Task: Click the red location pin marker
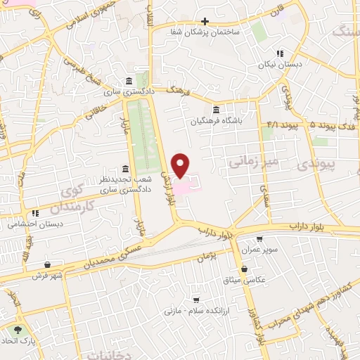point(181,165)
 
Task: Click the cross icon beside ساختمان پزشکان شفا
point(205,21)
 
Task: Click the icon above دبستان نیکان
point(281,53)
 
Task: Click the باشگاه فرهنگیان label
point(214,120)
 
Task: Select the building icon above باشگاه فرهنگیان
point(215,110)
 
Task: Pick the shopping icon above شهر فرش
point(47,264)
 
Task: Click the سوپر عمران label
point(260,250)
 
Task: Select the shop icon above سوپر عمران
point(260,240)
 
